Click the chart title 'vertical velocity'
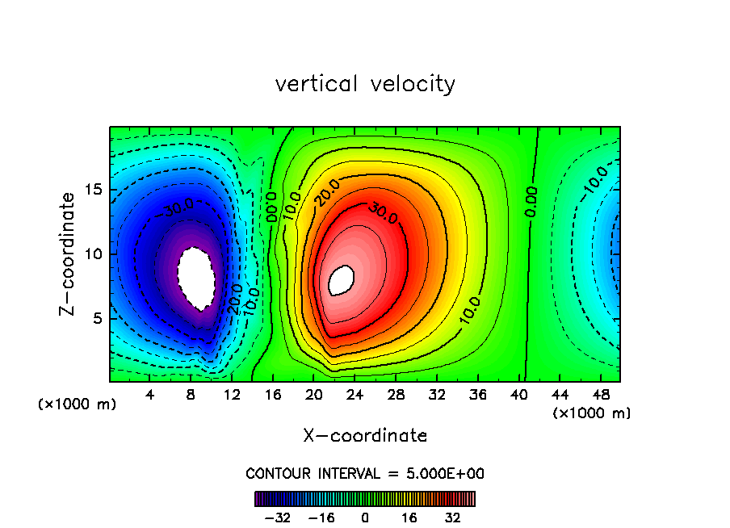click(365, 84)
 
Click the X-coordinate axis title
click(365, 436)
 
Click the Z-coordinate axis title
click(70, 253)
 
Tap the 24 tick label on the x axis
click(355, 395)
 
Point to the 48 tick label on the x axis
click(600, 395)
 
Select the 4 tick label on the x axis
click(150, 395)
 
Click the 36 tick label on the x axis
click(477, 395)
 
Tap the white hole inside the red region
click(342, 279)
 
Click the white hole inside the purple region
click(196, 277)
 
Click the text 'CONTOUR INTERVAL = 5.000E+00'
click(365, 473)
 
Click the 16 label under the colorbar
click(409, 518)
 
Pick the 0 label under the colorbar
click(365, 518)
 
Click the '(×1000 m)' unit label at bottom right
click(592, 413)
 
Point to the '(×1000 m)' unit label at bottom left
click(78, 404)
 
